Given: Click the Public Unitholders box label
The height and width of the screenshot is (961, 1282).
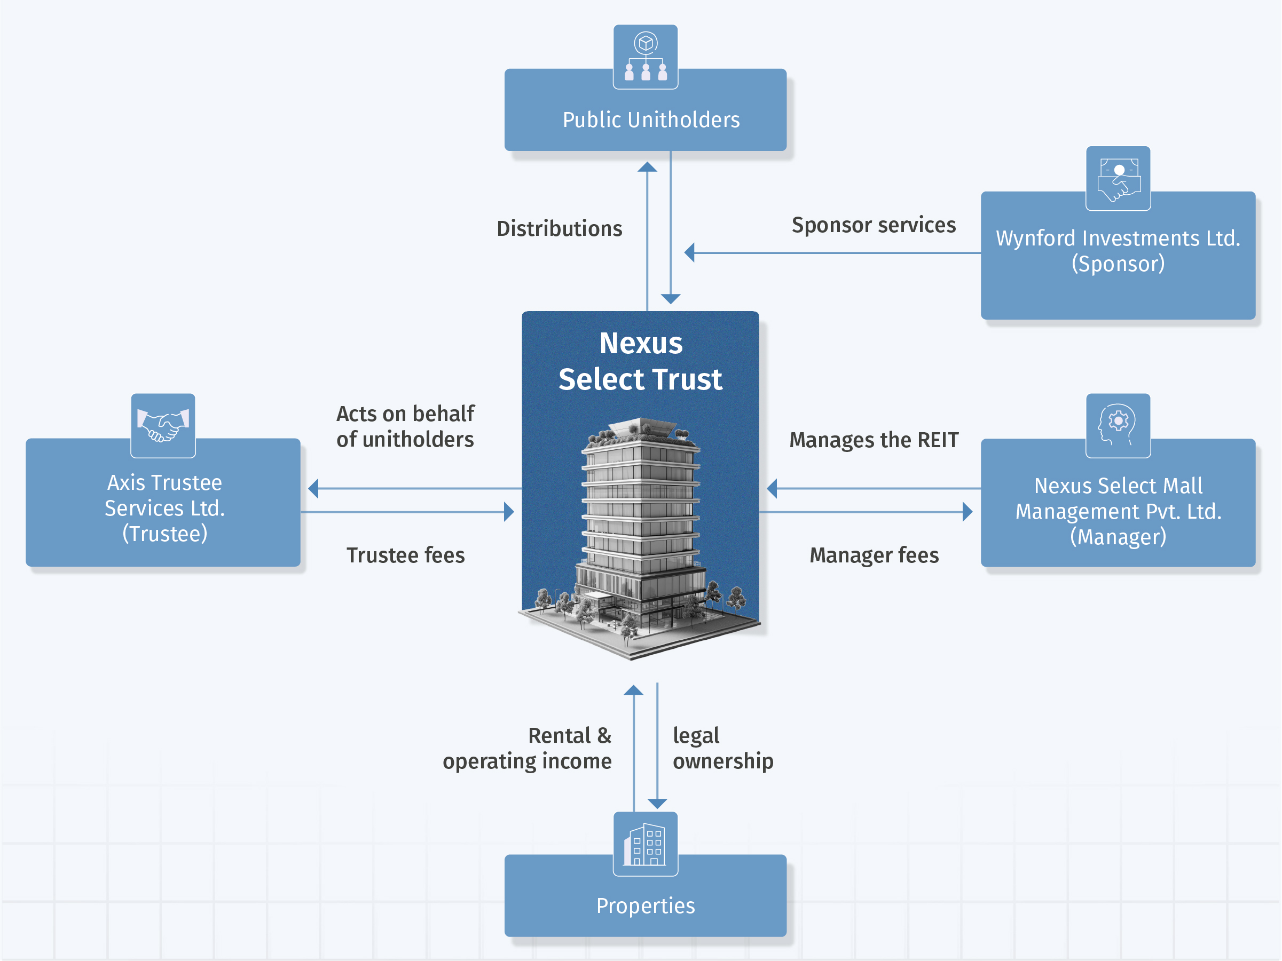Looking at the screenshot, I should tap(651, 120).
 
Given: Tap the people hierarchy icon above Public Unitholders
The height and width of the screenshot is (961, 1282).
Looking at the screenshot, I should tap(645, 57).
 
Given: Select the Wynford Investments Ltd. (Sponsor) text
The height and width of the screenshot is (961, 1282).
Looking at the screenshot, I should tap(1118, 251).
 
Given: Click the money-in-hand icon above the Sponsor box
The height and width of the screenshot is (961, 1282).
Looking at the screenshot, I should tap(1118, 178).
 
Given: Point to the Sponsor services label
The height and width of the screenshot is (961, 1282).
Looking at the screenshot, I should tap(874, 225).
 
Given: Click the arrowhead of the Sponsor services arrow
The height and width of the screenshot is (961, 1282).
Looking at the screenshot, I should tap(690, 252).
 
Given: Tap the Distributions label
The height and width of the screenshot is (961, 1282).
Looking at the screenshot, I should tap(559, 228).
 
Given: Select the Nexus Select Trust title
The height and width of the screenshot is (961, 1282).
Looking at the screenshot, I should tap(640, 361).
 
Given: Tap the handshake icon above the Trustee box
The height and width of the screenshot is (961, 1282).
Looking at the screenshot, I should tap(163, 426).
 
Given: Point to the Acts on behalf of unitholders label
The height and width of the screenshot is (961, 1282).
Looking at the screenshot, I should tap(405, 426).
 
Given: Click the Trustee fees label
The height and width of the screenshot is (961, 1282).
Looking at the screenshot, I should tap(405, 555).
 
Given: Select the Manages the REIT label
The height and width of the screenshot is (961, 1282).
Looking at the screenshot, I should tap(874, 440).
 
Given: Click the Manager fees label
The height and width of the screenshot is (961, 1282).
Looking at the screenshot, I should tap(874, 555).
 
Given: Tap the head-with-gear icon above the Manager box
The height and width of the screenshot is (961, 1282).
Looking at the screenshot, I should tap(1118, 426).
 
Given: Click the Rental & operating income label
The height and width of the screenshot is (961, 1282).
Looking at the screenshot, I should tap(527, 748).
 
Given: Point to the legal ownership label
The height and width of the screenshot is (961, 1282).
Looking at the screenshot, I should tap(722, 748).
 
